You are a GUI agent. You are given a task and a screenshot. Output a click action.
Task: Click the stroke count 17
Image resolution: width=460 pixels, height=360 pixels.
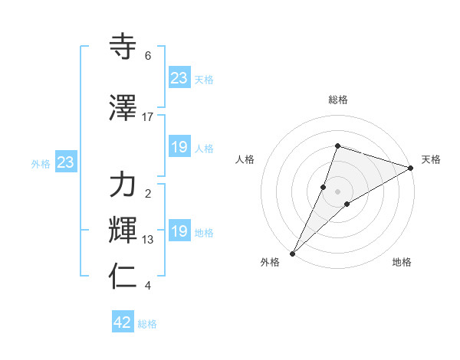148,117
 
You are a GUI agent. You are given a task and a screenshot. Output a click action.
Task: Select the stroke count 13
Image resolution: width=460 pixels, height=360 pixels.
148,240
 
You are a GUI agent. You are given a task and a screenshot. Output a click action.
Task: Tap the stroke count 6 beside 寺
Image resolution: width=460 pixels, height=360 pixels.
148,56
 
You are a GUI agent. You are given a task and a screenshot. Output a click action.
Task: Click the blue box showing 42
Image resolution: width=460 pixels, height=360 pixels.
123,323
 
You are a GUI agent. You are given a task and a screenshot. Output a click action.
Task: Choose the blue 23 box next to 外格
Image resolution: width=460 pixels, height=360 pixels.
65,162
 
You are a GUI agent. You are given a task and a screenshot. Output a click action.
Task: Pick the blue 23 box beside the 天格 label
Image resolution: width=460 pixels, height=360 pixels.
179,78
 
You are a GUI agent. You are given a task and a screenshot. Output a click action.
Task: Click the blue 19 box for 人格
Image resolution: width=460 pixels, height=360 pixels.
179,147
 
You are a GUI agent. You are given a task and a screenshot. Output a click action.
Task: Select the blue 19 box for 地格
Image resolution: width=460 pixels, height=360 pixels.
179,231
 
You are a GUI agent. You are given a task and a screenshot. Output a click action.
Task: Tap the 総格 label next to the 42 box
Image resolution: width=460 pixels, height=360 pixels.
147,324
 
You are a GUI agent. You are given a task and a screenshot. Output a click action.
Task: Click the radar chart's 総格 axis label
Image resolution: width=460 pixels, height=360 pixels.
337,100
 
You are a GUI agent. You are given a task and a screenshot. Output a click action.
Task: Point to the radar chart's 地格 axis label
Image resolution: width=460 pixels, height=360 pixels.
402,263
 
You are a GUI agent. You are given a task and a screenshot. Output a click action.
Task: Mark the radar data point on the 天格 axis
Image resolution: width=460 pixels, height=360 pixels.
411,168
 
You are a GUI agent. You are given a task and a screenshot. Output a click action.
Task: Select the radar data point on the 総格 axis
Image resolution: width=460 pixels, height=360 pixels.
337,146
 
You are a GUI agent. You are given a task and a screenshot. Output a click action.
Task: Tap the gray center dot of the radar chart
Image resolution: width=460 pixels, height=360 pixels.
337,191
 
